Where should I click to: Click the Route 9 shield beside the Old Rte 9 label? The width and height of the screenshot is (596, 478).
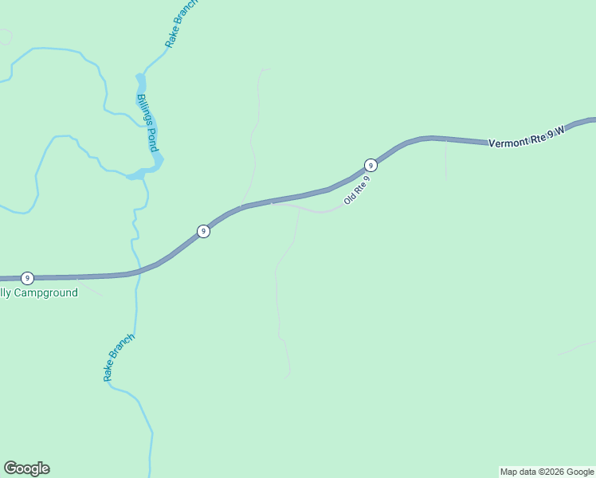click(x=371, y=165)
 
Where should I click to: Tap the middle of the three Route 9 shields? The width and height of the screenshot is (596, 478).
click(x=204, y=231)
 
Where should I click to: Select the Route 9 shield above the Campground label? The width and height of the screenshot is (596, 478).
click(x=28, y=278)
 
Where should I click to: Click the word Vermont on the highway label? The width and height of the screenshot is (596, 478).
click(x=508, y=142)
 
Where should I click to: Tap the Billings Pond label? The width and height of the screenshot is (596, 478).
click(x=147, y=123)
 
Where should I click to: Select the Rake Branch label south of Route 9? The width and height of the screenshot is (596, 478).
click(x=120, y=357)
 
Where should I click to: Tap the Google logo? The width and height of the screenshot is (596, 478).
click(x=26, y=468)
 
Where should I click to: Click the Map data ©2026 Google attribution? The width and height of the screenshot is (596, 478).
click(x=547, y=472)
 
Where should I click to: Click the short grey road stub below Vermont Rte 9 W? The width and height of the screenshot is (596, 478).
click(x=446, y=159)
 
